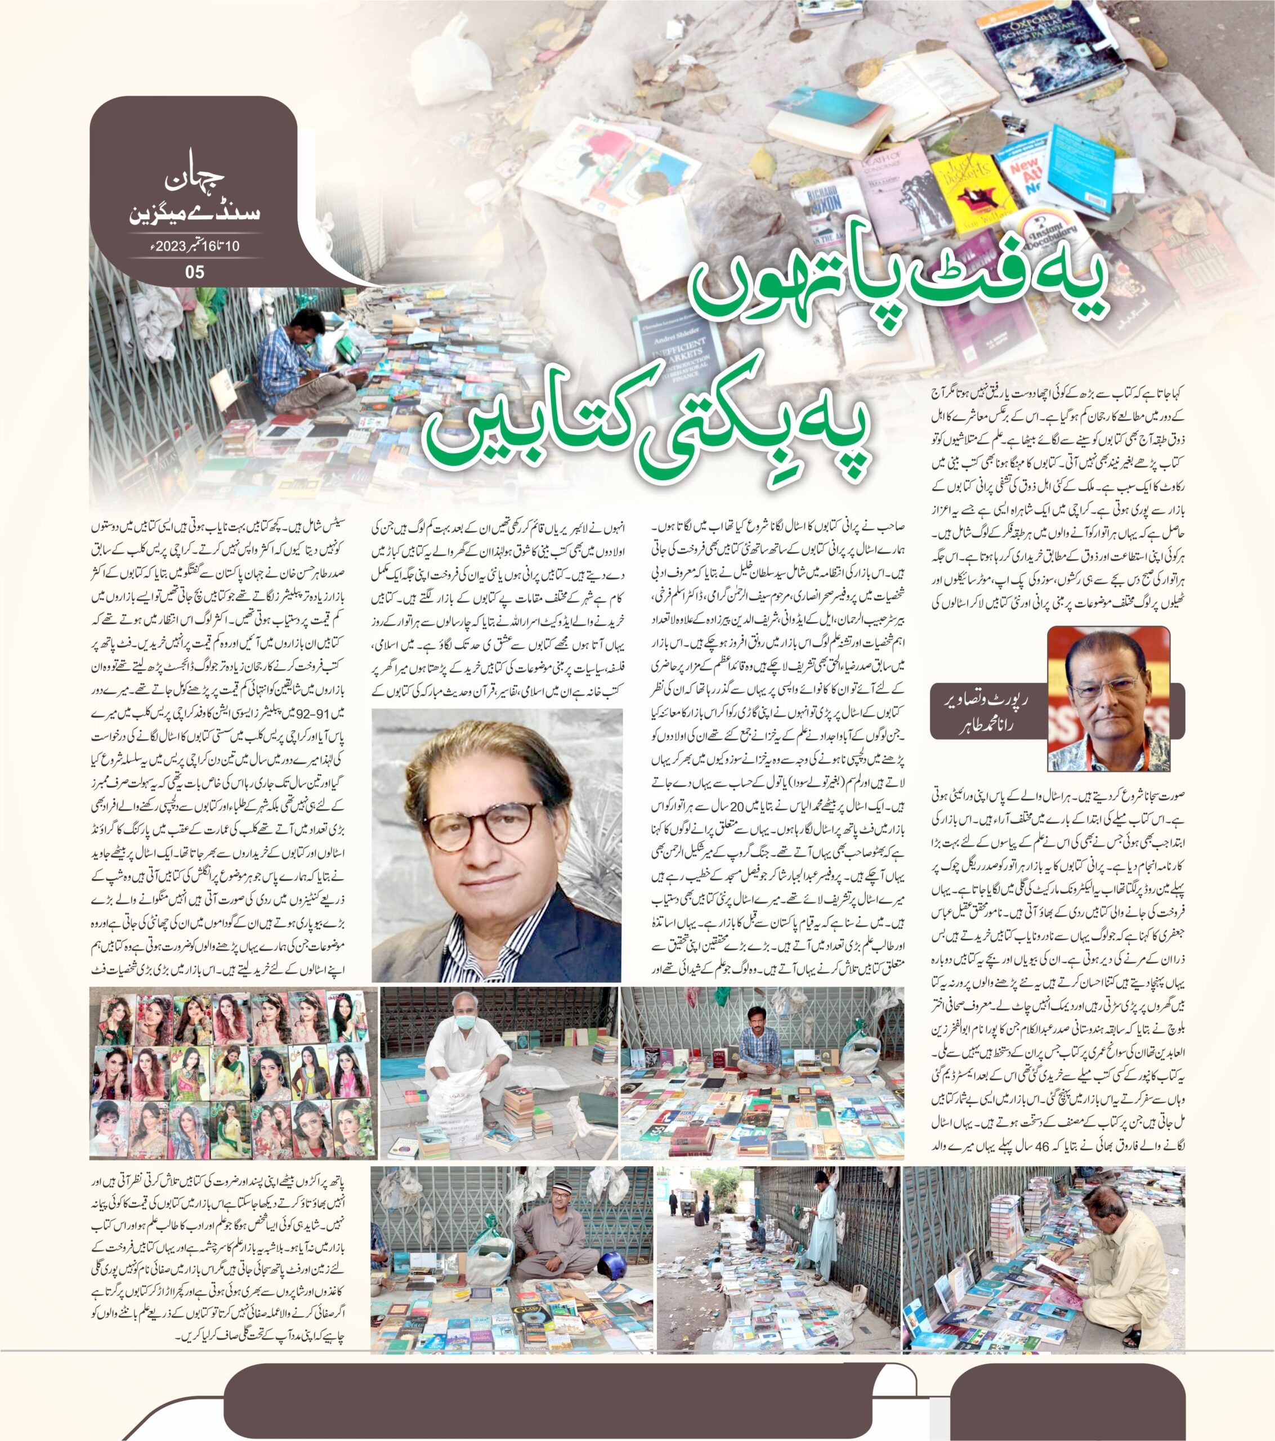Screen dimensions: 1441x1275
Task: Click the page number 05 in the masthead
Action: (194, 271)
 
